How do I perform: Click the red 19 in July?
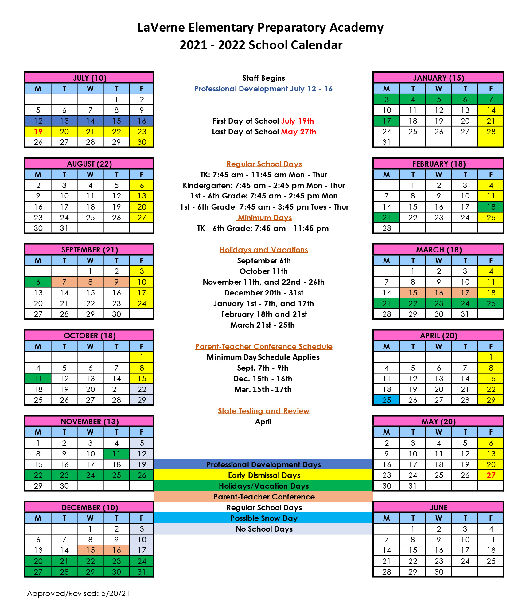pos(38,132)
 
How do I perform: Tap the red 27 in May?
pos(491,475)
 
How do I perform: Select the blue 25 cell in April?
pos(387,400)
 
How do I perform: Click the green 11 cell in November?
pos(116,454)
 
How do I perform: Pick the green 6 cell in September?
pos(38,282)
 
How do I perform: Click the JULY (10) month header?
pos(89,78)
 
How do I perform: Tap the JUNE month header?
pos(438,507)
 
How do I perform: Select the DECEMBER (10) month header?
pos(89,507)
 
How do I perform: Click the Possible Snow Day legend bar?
pos(263,518)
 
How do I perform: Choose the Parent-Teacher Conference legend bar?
pos(263,497)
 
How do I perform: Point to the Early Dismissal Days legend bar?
pos(263,475)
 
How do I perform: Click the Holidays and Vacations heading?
pos(263,250)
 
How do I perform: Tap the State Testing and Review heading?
pos(263,411)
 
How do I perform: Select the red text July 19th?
pos(297,121)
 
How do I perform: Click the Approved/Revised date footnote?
pos(78,593)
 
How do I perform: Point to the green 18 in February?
pos(491,207)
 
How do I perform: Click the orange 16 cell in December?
pos(116,550)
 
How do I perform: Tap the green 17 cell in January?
pos(387,121)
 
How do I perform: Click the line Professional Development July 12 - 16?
pos(263,89)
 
